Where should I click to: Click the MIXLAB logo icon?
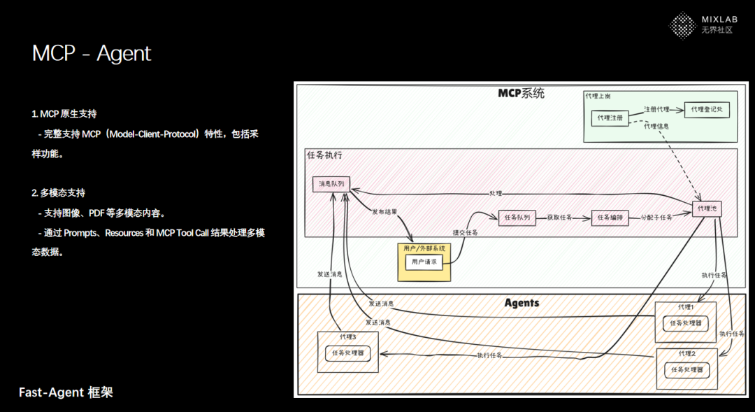click(x=682, y=26)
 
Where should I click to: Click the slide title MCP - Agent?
click(x=92, y=54)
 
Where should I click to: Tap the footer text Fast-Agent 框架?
click(x=66, y=392)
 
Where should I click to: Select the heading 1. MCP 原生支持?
click(x=64, y=113)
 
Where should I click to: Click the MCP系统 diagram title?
click(x=521, y=93)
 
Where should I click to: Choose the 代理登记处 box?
click(x=706, y=110)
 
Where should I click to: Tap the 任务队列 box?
click(x=517, y=218)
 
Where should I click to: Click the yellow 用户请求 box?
click(x=424, y=262)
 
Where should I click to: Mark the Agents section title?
click(x=522, y=303)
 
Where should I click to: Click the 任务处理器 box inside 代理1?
click(x=685, y=323)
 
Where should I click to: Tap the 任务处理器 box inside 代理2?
click(x=686, y=369)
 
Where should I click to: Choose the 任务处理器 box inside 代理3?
click(x=348, y=353)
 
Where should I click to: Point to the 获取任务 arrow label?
click(x=560, y=218)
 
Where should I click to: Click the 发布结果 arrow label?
click(x=385, y=211)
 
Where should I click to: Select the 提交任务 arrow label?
click(x=465, y=233)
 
